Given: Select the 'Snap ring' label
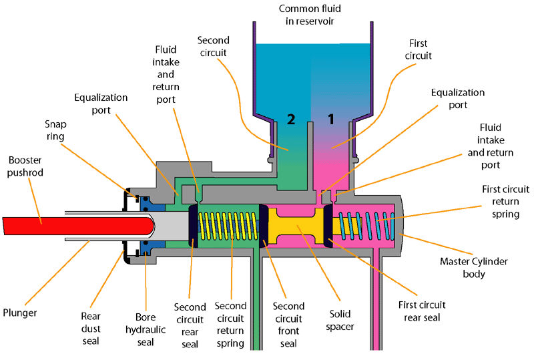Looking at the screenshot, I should [x=55, y=130].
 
